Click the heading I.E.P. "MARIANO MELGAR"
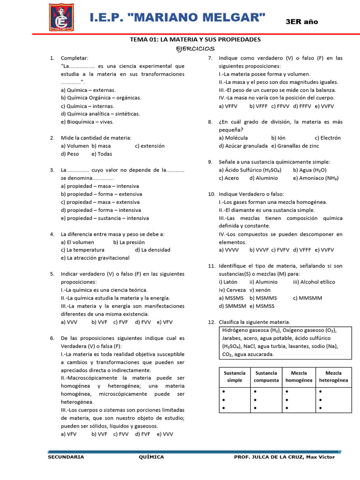pyautogui.click(x=178, y=18)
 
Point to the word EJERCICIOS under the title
pyautogui.click(x=195, y=48)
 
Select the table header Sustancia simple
pyautogui.click(x=234, y=376)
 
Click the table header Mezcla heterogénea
pyautogui.click(x=333, y=376)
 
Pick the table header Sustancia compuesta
pyautogui.click(x=266, y=376)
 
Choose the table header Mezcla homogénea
pyautogui.click(x=299, y=376)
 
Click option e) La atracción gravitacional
pyautogui.click(x=95, y=258)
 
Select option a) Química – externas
pyautogui.click(x=88, y=90)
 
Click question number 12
pyautogui.click(x=211, y=322)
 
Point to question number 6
pyautogui.click(x=52, y=338)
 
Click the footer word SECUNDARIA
pyautogui.click(x=66, y=457)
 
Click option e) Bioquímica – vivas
pyautogui.click(x=87, y=122)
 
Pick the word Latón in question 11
pyautogui.click(x=230, y=282)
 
